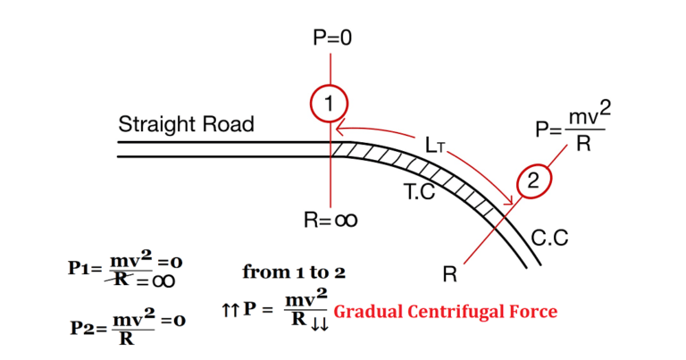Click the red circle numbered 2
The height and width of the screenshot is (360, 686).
coord(533,181)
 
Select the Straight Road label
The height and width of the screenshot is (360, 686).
coord(186,124)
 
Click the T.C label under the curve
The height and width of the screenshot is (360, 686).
coord(417,191)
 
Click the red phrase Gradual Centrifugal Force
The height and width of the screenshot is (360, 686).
coord(445,312)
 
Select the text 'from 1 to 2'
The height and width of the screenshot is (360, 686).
coord(294,272)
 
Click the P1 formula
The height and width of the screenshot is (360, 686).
coord(125,269)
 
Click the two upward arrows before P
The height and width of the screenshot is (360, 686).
coord(229,310)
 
